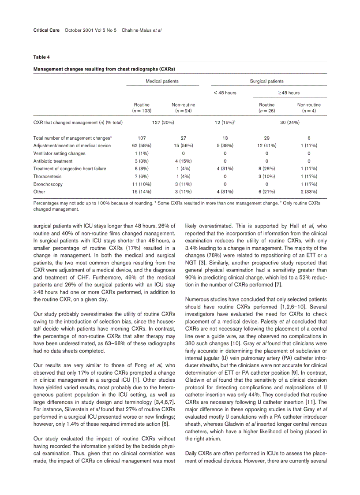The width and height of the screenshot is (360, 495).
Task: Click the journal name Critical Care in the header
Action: click(46, 30)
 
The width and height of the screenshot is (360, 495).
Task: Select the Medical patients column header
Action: click(162, 81)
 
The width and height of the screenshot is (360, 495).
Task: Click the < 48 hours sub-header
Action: click(225, 93)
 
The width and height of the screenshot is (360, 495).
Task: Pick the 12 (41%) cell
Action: click(266, 145)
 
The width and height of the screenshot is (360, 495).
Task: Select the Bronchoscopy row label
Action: click(48, 184)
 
